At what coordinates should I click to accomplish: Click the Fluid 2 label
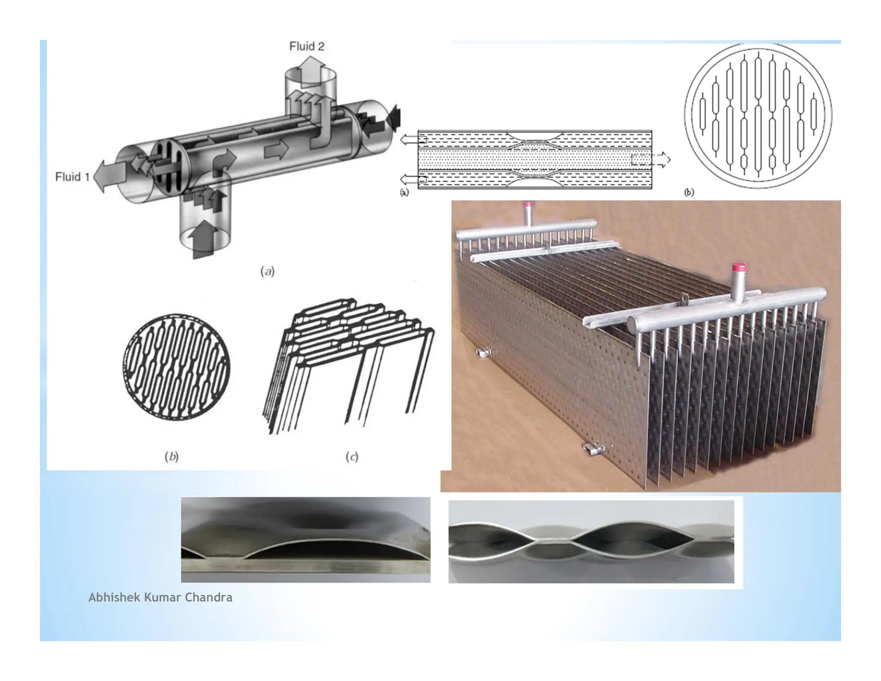[x=306, y=46]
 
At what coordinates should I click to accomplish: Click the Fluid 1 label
[x=72, y=177]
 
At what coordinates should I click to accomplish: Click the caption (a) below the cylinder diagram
[x=267, y=271]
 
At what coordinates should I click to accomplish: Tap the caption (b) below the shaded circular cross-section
[x=172, y=456]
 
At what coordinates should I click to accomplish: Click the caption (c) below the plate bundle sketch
[x=351, y=456]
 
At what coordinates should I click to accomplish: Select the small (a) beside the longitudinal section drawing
[x=404, y=192]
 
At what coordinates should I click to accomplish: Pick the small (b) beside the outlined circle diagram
[x=689, y=192]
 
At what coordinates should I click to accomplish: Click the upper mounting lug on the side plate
[x=484, y=353]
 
